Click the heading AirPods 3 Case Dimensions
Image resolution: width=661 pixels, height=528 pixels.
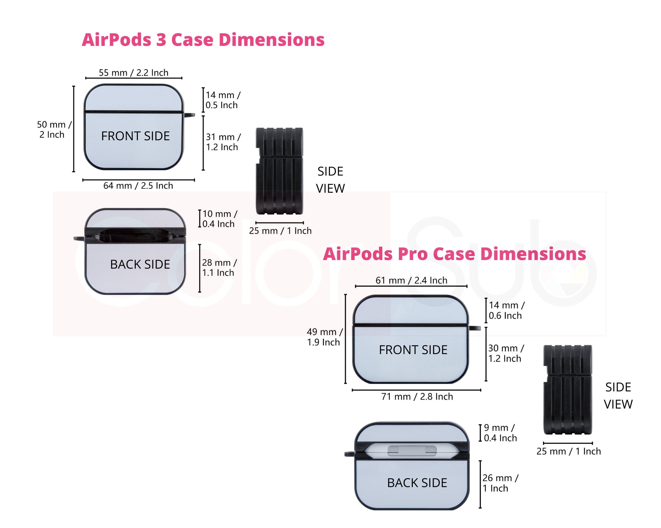[x=203, y=40]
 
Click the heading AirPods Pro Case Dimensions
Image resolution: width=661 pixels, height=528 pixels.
[x=454, y=254]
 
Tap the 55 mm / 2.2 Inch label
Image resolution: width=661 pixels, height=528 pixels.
[x=134, y=73]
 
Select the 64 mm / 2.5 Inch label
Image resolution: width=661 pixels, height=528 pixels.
[x=138, y=185]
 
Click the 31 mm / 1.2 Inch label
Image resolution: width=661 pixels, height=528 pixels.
[x=223, y=142]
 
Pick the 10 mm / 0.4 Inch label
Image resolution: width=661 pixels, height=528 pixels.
[x=219, y=219]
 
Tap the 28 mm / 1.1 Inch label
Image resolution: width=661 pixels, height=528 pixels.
[x=219, y=268]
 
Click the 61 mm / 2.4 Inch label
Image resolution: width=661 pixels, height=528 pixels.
[x=411, y=280]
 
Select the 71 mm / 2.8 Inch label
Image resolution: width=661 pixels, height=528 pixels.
[x=417, y=396]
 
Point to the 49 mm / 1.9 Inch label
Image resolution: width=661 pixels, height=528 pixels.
[x=324, y=337]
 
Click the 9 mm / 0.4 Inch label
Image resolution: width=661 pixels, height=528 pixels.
[x=500, y=433]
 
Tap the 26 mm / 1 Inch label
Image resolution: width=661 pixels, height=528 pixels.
[x=500, y=483]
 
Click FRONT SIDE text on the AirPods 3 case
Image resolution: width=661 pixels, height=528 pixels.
[x=135, y=136]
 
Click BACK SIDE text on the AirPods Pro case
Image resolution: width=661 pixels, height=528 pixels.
[x=417, y=483]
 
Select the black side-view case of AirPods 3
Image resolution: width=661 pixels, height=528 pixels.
[x=279, y=171]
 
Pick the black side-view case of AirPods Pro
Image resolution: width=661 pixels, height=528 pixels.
[x=567, y=389]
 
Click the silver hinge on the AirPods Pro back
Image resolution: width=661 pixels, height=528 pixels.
[x=412, y=450]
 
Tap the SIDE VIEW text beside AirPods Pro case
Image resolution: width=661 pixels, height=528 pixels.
[x=618, y=395]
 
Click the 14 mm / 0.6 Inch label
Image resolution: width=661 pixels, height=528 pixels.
[x=506, y=310]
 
